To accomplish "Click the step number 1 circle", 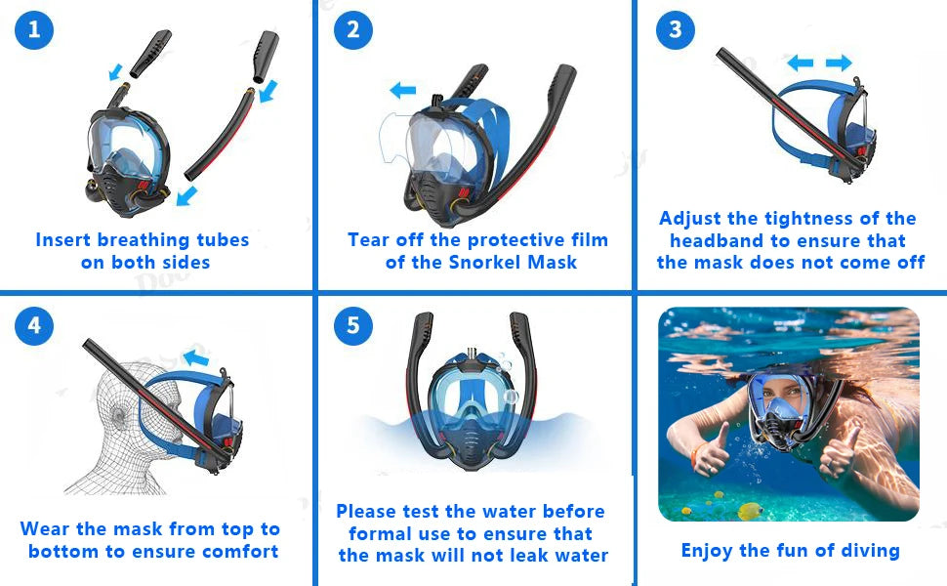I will click(34, 30).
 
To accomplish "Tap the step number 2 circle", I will click(352, 30).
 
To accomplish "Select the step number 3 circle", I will click(675, 30).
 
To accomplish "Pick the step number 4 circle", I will click(34, 325).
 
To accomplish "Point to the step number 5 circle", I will click(352, 325).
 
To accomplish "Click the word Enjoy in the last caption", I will click(707, 550).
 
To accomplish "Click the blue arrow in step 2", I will click(401, 91).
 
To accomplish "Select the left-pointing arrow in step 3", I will click(801, 63).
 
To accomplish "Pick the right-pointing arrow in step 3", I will click(839, 63).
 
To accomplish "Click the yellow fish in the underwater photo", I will click(750, 511).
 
